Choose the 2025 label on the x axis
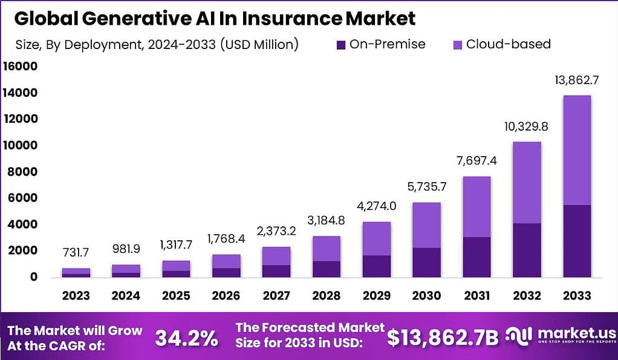click(x=176, y=296)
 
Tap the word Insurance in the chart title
click(x=293, y=19)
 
